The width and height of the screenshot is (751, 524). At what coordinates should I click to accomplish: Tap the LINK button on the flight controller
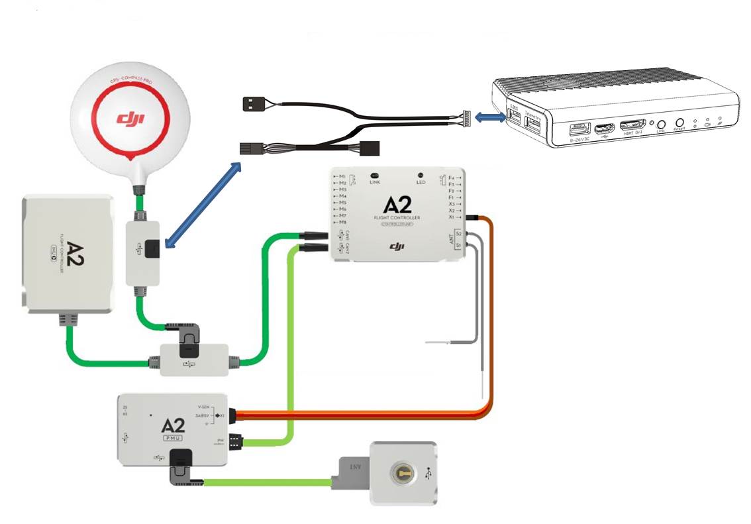tap(375, 173)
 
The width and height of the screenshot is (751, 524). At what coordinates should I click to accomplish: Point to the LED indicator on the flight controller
tap(420, 175)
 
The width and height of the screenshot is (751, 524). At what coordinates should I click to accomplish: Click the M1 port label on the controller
tap(342, 176)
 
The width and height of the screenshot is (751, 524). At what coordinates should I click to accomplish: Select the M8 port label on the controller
tap(342, 223)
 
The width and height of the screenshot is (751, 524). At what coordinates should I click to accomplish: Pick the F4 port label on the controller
tap(452, 178)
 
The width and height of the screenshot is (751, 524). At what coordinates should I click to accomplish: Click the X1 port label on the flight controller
tap(452, 217)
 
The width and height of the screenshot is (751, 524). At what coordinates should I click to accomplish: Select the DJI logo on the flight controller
tap(397, 246)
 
